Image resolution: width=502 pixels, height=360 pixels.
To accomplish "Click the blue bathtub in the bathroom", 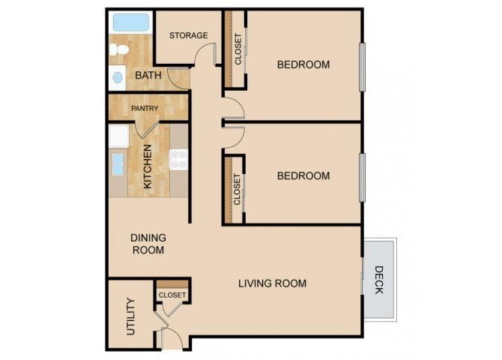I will pyautogui.click(x=132, y=22).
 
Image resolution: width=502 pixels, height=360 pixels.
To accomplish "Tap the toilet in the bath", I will pyautogui.click(x=118, y=49).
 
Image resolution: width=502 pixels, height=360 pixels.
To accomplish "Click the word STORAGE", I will pyautogui.click(x=188, y=35).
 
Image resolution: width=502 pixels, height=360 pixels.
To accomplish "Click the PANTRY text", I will pyautogui.click(x=145, y=109).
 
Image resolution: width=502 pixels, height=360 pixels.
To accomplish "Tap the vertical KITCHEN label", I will pyautogui.click(x=148, y=166).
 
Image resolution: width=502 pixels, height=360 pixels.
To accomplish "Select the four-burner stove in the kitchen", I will pyautogui.click(x=178, y=159).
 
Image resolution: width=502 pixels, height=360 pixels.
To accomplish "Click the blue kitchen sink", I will pyautogui.click(x=118, y=164).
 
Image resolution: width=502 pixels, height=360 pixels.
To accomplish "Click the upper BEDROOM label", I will pyautogui.click(x=303, y=64).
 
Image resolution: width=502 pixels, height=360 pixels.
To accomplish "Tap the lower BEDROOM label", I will pyautogui.click(x=303, y=176).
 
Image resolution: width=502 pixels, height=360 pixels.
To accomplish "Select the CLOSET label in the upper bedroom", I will pyautogui.click(x=238, y=49).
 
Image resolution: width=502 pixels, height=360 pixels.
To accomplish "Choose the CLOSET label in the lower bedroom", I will pyautogui.click(x=238, y=189).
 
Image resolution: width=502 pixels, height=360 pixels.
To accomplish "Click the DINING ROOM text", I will pyautogui.click(x=148, y=244).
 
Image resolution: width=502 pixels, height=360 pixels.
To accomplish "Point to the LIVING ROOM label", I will pyautogui.click(x=272, y=283).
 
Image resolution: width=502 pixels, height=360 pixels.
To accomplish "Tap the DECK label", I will pyautogui.click(x=378, y=280).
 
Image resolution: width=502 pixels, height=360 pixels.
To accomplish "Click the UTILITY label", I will pyautogui.click(x=130, y=316).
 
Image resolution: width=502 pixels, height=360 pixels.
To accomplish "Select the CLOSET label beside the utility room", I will pyautogui.click(x=172, y=295).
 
